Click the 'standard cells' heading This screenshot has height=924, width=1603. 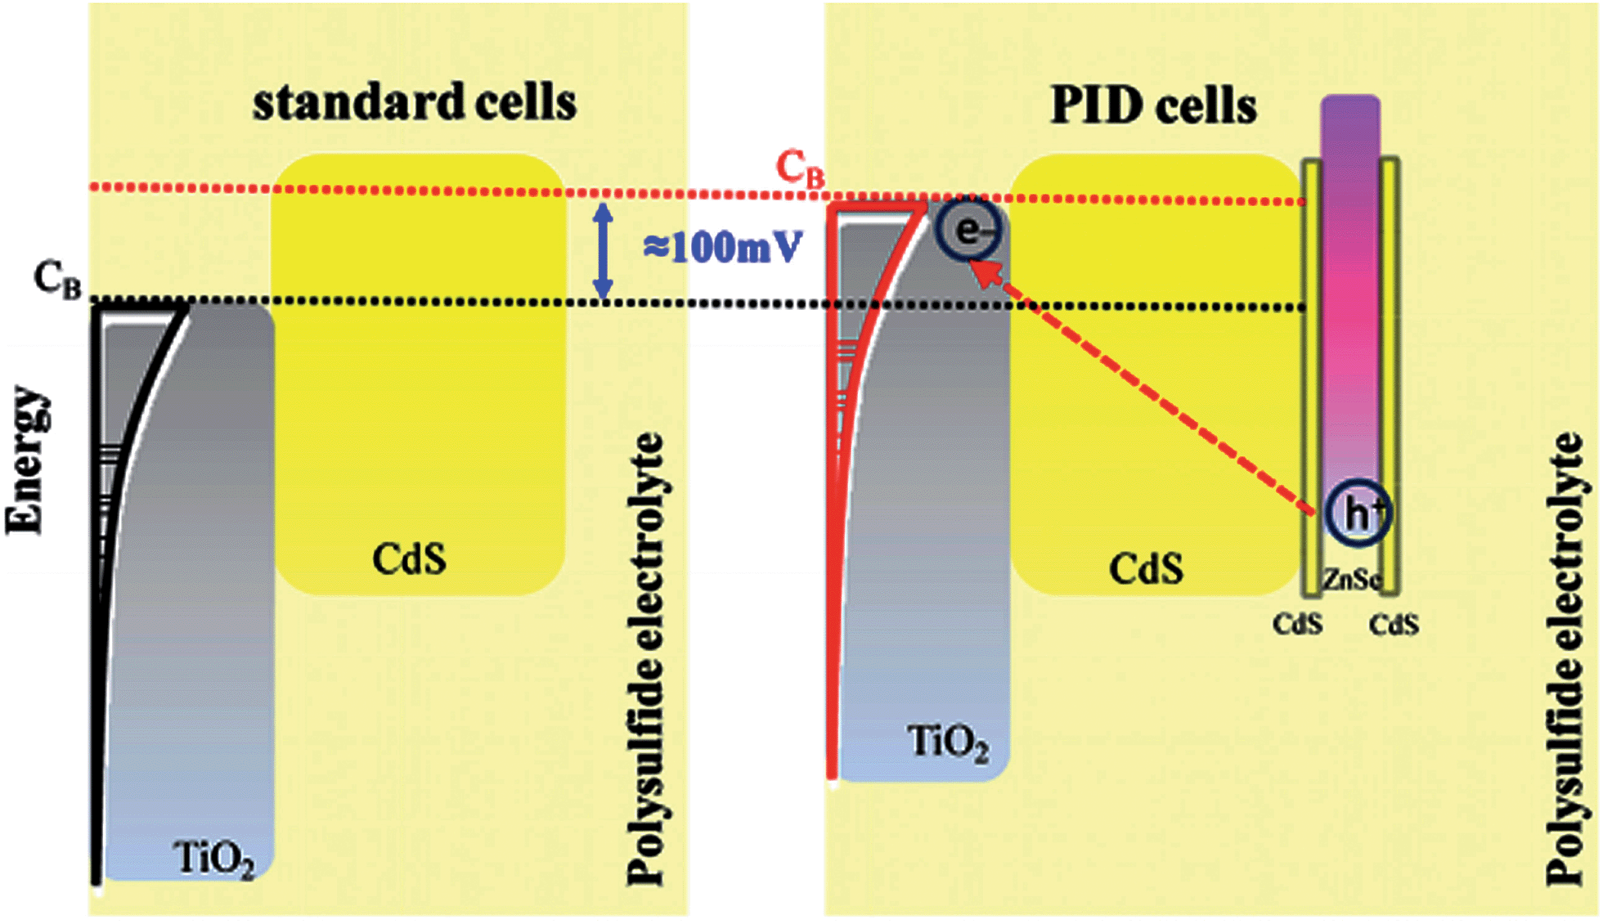pyautogui.click(x=415, y=103)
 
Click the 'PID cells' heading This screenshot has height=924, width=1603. pyautogui.click(x=1152, y=106)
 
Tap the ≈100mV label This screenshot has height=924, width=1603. pyautogui.click(x=722, y=247)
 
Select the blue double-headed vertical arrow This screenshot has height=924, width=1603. pyautogui.click(x=603, y=251)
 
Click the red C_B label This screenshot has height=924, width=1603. pyautogui.click(x=799, y=169)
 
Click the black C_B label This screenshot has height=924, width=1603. pyautogui.click(x=57, y=280)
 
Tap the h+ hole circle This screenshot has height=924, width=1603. pyautogui.click(x=1357, y=514)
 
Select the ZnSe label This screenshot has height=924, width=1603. pyautogui.click(x=1351, y=580)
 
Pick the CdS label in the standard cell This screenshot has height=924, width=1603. pyautogui.click(x=409, y=559)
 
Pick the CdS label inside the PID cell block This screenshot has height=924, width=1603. pyautogui.click(x=1145, y=567)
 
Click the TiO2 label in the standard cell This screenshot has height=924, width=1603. pyautogui.click(x=213, y=859)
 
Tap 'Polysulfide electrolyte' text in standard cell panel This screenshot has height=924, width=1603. pyautogui.click(x=646, y=658)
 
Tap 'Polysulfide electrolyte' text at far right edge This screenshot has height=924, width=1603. pyautogui.click(x=1565, y=658)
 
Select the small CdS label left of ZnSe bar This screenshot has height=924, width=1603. pyautogui.click(x=1297, y=625)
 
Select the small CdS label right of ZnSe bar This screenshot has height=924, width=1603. pyautogui.click(x=1394, y=626)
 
